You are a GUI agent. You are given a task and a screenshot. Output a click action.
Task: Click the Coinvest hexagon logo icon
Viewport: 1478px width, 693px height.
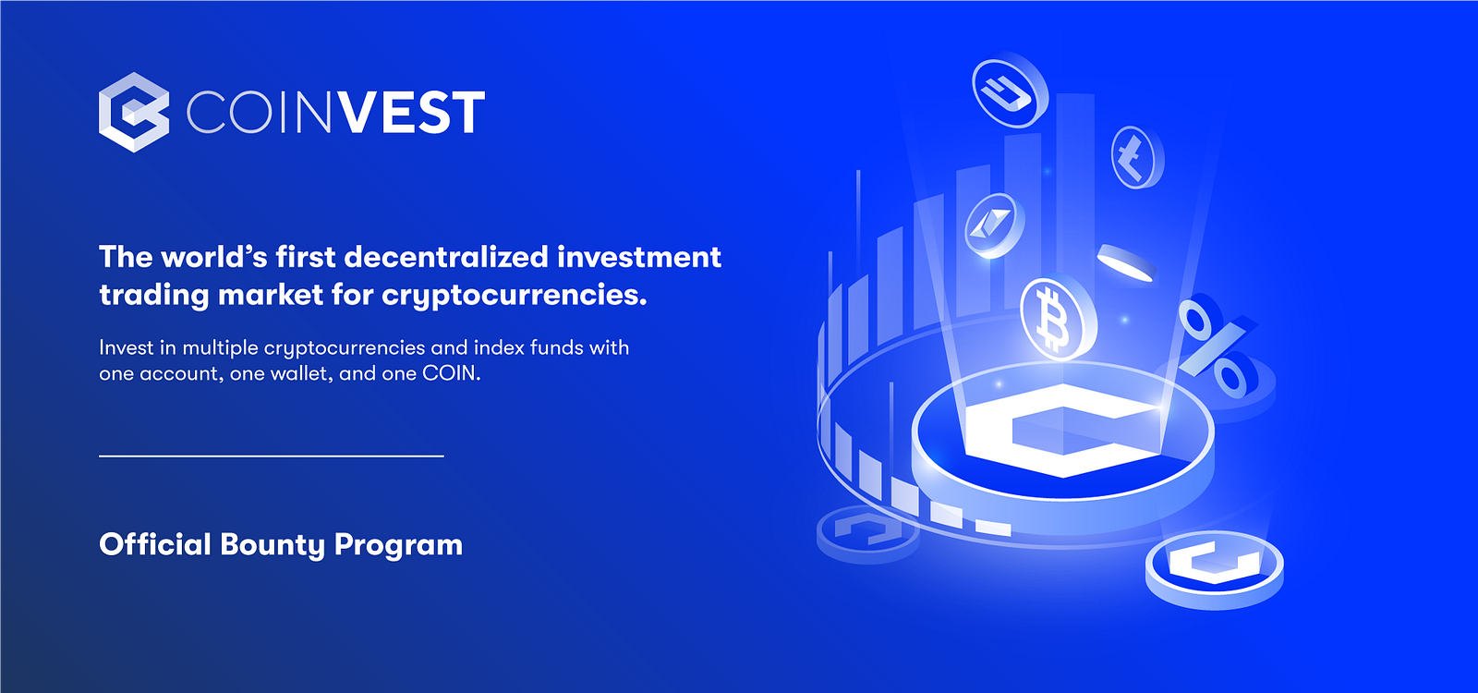(134, 112)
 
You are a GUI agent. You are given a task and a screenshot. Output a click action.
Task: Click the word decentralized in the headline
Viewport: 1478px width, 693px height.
(446, 257)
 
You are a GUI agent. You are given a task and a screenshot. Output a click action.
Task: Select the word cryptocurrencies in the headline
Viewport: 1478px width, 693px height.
(514, 295)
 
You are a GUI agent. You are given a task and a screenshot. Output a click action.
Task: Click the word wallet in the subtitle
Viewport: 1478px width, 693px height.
(304, 373)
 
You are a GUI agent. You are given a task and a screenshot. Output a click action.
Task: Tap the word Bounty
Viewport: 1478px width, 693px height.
(273, 546)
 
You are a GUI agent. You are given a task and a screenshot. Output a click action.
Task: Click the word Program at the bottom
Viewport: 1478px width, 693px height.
(398, 546)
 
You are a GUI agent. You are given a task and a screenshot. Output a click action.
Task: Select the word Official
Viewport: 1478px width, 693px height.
(155, 544)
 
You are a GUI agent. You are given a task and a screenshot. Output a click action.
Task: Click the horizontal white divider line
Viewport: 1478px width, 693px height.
(272, 456)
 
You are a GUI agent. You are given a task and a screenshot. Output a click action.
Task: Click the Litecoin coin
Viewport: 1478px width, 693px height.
(1137, 157)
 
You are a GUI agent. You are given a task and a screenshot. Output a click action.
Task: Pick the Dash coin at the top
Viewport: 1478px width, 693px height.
(1010, 90)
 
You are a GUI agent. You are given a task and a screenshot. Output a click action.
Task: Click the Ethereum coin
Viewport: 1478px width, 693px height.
(994, 225)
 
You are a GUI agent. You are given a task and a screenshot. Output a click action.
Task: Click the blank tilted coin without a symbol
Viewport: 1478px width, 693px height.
(1127, 263)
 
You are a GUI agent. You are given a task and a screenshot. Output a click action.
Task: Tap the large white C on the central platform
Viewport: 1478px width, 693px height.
(1062, 429)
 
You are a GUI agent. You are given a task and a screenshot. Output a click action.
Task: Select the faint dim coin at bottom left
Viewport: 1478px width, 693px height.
(867, 533)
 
